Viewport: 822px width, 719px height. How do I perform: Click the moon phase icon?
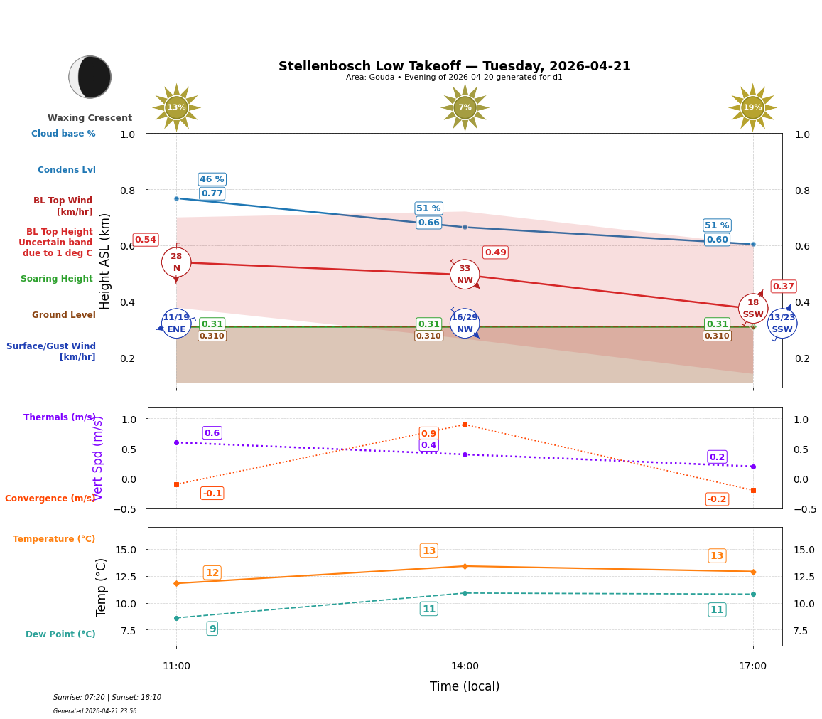coord(90,77)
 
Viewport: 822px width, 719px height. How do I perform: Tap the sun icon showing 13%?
coord(176,107)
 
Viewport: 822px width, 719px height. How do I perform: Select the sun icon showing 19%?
coord(752,107)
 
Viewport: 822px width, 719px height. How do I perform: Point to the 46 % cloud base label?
coord(212,179)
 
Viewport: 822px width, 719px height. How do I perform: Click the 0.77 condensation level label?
coord(212,193)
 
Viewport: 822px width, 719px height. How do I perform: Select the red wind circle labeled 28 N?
coord(176,262)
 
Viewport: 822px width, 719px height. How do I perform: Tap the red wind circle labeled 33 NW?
coord(465,275)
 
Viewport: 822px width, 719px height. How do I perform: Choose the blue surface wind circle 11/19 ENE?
coord(176,324)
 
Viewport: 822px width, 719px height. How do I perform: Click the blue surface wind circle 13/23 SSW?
coord(782,324)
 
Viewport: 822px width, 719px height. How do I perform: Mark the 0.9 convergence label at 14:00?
coord(428,434)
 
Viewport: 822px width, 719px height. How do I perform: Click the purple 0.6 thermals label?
coord(212,433)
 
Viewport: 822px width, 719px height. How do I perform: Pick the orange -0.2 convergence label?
coord(716,499)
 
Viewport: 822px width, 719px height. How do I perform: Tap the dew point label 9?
coord(212,629)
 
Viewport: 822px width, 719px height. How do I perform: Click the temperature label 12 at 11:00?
coord(212,573)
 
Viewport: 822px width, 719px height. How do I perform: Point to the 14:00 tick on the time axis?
coord(465,666)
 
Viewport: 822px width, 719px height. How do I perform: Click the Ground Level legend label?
coord(63,315)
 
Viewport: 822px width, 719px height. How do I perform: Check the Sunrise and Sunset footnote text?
coord(107,698)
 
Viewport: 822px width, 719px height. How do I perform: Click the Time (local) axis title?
coord(465,686)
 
